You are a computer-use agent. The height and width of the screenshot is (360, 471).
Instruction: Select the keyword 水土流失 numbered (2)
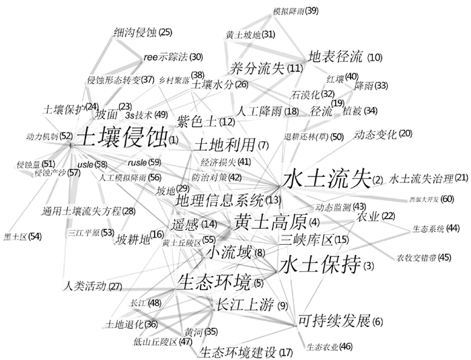point(326,180)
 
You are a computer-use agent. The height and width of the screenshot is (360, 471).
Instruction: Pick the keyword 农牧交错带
point(416,257)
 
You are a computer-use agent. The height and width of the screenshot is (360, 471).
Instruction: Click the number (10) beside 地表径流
point(375,58)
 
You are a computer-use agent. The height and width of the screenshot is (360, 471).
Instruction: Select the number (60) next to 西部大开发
point(447,199)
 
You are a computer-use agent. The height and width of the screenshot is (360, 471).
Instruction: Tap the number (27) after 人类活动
point(115,287)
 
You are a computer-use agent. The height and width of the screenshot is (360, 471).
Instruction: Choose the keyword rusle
point(137,162)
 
